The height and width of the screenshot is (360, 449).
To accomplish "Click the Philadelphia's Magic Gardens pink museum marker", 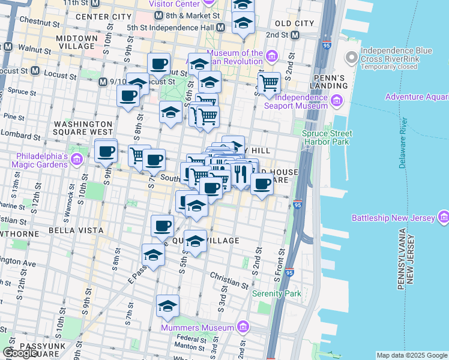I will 76,160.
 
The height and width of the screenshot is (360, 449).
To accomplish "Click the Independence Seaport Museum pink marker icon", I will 336,101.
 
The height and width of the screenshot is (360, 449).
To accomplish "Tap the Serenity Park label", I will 276,294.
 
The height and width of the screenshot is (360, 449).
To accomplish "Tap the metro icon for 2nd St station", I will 295,35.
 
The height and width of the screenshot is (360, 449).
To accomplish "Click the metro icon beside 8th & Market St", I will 158,14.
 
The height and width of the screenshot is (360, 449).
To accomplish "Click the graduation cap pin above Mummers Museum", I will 167,305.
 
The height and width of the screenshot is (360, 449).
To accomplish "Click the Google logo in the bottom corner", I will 21,353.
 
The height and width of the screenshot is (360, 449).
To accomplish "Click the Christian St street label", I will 226,276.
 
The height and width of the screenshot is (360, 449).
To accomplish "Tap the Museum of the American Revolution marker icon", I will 271,57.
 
